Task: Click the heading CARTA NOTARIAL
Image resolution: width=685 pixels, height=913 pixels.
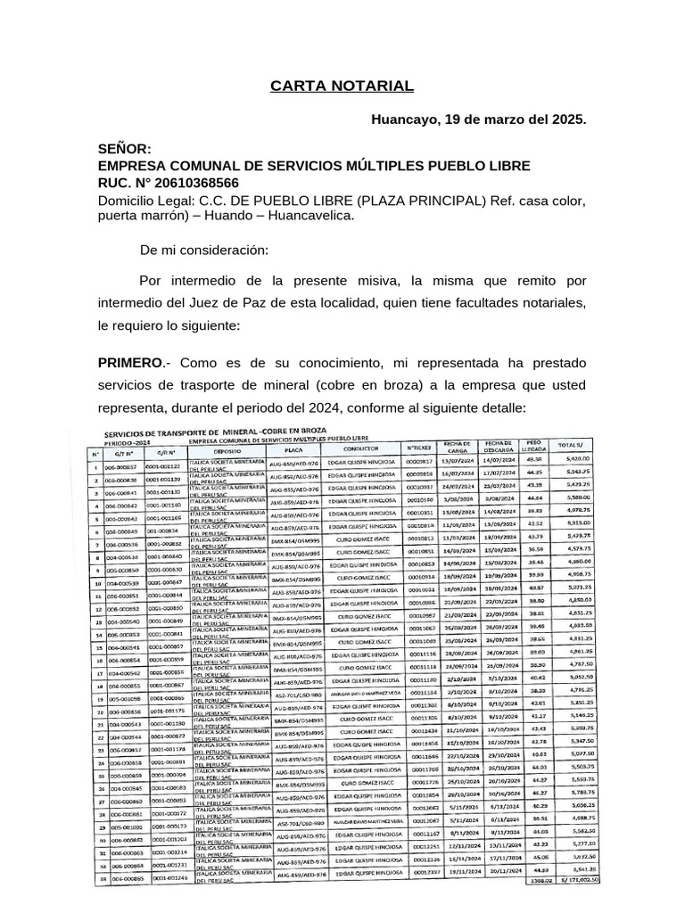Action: (342, 86)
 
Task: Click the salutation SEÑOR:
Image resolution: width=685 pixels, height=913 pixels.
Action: (125, 149)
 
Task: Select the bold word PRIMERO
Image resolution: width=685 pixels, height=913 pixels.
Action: (129, 363)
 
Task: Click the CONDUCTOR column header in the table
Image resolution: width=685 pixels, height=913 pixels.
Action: (353, 448)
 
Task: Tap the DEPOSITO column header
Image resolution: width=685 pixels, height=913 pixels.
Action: (227, 451)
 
